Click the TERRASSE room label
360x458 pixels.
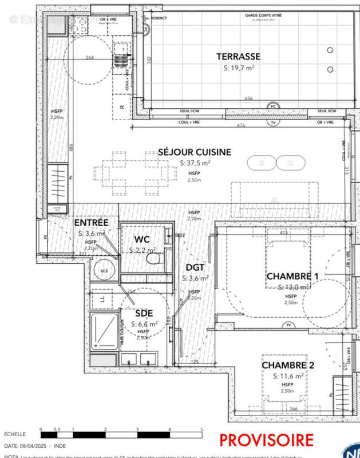[x=239, y=56]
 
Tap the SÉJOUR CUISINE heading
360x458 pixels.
[x=195, y=152]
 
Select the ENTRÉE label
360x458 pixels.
[x=92, y=222]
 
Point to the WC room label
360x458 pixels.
[x=143, y=239]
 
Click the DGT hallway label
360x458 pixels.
[x=195, y=267]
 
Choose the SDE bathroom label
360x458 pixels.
[x=143, y=313]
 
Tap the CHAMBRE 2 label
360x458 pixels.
[x=288, y=365]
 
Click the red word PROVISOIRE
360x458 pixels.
[x=267, y=440]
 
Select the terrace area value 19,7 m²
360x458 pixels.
[x=239, y=67]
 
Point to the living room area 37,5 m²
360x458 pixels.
[x=195, y=163]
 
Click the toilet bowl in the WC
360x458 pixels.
[x=153, y=259]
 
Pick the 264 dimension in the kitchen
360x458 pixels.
[x=89, y=57]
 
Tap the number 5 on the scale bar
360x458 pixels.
[x=201, y=429]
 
